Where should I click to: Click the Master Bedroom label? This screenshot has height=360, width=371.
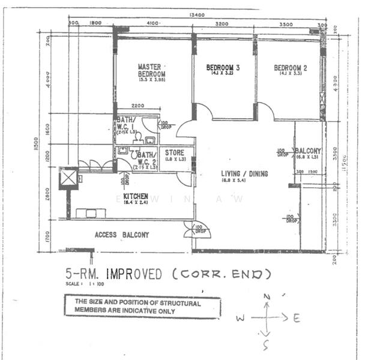[x=151, y=70]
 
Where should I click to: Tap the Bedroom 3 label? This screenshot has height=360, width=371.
[x=223, y=68]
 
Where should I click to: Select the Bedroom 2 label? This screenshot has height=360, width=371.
[x=291, y=68]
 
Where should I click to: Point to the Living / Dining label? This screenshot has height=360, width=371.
[x=244, y=174]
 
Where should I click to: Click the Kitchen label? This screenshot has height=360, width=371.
[x=135, y=196]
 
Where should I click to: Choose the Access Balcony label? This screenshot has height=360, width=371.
[x=121, y=235]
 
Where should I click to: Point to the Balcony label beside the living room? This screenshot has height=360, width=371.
[x=308, y=151]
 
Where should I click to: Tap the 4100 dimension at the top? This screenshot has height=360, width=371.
[x=152, y=23]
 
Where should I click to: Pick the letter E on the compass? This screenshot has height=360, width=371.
[x=296, y=319]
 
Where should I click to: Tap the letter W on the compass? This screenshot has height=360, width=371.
[x=240, y=319]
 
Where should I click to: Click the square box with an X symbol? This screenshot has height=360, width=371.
[x=68, y=178]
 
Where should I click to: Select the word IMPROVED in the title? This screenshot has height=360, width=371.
[x=134, y=274]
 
